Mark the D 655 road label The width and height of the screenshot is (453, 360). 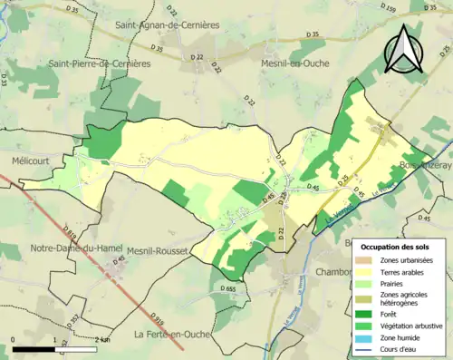coord(226,288)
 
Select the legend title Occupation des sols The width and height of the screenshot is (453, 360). coord(400,247)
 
